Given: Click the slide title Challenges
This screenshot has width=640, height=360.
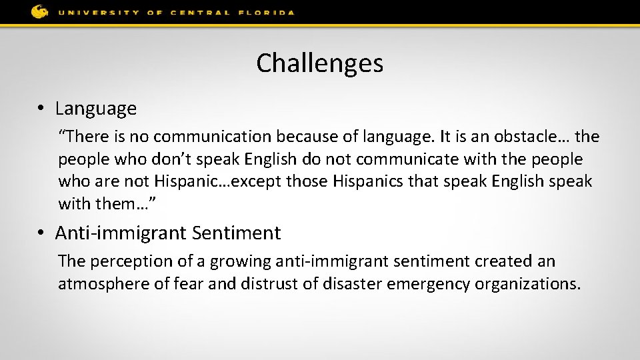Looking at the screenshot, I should pos(319,63).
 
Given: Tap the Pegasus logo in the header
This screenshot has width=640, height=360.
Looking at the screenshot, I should pos(39,11).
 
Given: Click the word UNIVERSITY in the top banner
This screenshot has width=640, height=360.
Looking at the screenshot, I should pos(98,13).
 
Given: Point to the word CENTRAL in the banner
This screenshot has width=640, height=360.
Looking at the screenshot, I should pos(199,13).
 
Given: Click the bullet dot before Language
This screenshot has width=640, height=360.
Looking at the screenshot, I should pos(41,108).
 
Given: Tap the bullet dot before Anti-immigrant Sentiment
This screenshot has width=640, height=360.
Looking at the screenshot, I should pos(41,233).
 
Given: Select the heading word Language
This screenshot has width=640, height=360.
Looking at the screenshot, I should pos(96,108).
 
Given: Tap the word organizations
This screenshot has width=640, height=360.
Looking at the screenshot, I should pos(528,284).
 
